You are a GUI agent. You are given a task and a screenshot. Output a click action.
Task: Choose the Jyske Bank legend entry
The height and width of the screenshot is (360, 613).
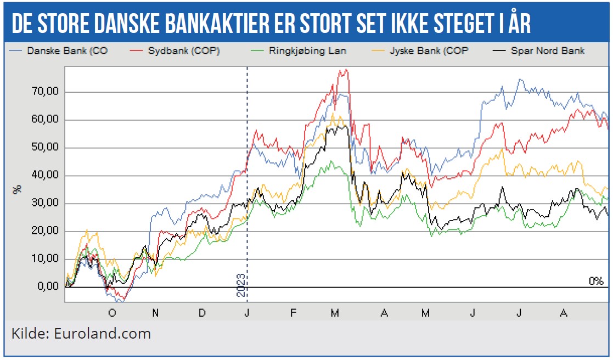pos(418,51)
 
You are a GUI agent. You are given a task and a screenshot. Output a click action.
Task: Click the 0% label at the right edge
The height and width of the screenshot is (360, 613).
pos(596,281)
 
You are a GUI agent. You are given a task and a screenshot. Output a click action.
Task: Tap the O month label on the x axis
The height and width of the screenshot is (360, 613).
pos(113,313)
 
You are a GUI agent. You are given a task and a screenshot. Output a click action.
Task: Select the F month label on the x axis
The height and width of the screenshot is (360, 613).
pos(293,313)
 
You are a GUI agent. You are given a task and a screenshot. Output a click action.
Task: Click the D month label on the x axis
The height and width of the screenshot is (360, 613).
pos(202,313)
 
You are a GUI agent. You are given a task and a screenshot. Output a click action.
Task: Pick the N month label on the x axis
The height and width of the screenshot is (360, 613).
pos(156,313)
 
